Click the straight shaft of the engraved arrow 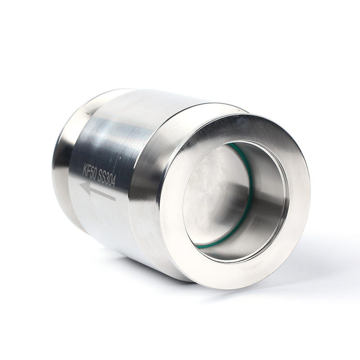[x=103, y=193]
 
